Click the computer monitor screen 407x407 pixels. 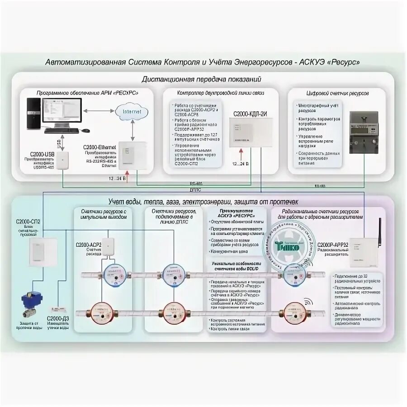click(x=62, y=110)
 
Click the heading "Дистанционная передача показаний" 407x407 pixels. click(x=201, y=79)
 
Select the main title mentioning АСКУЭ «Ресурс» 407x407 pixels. click(x=203, y=62)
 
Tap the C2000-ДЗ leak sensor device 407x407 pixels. click(x=61, y=310)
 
